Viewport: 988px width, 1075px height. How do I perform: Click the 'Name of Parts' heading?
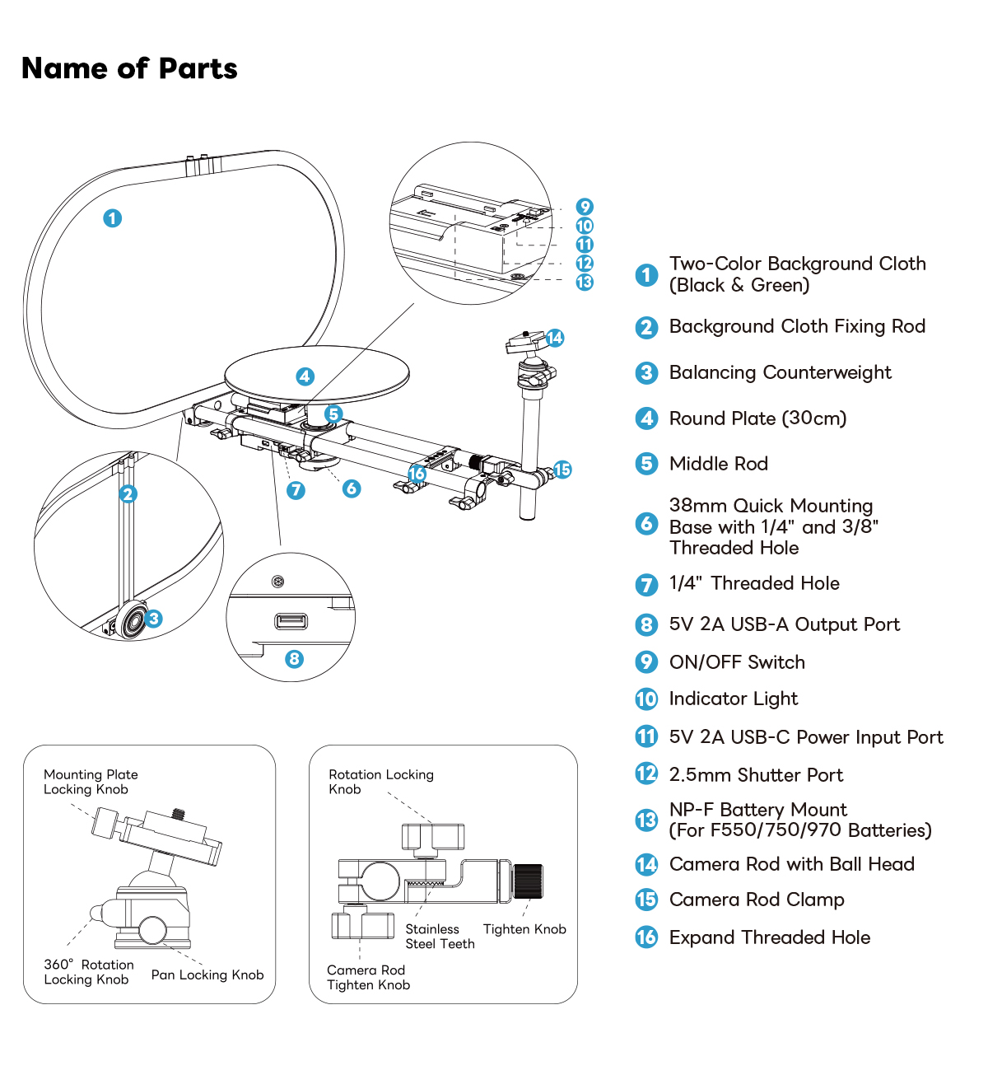[x=129, y=68]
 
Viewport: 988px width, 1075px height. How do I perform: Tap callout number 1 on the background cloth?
[x=113, y=218]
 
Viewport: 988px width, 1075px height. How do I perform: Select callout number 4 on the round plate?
[x=305, y=376]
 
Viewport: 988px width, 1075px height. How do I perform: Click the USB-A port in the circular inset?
[x=291, y=620]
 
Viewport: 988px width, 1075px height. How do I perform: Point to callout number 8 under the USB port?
[x=294, y=659]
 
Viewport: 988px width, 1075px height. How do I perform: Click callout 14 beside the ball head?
[x=555, y=338]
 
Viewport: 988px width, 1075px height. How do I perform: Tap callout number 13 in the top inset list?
[x=585, y=282]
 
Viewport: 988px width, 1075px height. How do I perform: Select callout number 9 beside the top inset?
[x=585, y=207]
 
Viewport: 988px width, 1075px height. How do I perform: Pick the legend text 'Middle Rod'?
[x=718, y=464]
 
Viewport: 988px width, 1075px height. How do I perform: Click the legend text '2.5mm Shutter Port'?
[x=756, y=775]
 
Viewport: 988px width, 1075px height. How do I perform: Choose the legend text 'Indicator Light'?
[x=733, y=699]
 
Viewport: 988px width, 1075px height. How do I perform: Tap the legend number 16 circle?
[x=646, y=937]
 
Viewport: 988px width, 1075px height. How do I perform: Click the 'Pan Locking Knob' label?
[x=207, y=975]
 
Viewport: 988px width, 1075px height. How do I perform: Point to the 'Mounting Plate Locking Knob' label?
[x=91, y=782]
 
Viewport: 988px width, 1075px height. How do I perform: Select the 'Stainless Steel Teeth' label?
[x=440, y=937]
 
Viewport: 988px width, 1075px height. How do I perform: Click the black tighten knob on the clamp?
[x=527, y=881]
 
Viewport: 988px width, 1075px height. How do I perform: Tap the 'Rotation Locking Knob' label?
[x=380, y=782]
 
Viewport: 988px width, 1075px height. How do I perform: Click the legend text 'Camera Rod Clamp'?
[x=756, y=900]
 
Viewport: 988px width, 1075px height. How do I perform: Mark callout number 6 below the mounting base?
[x=352, y=488]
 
